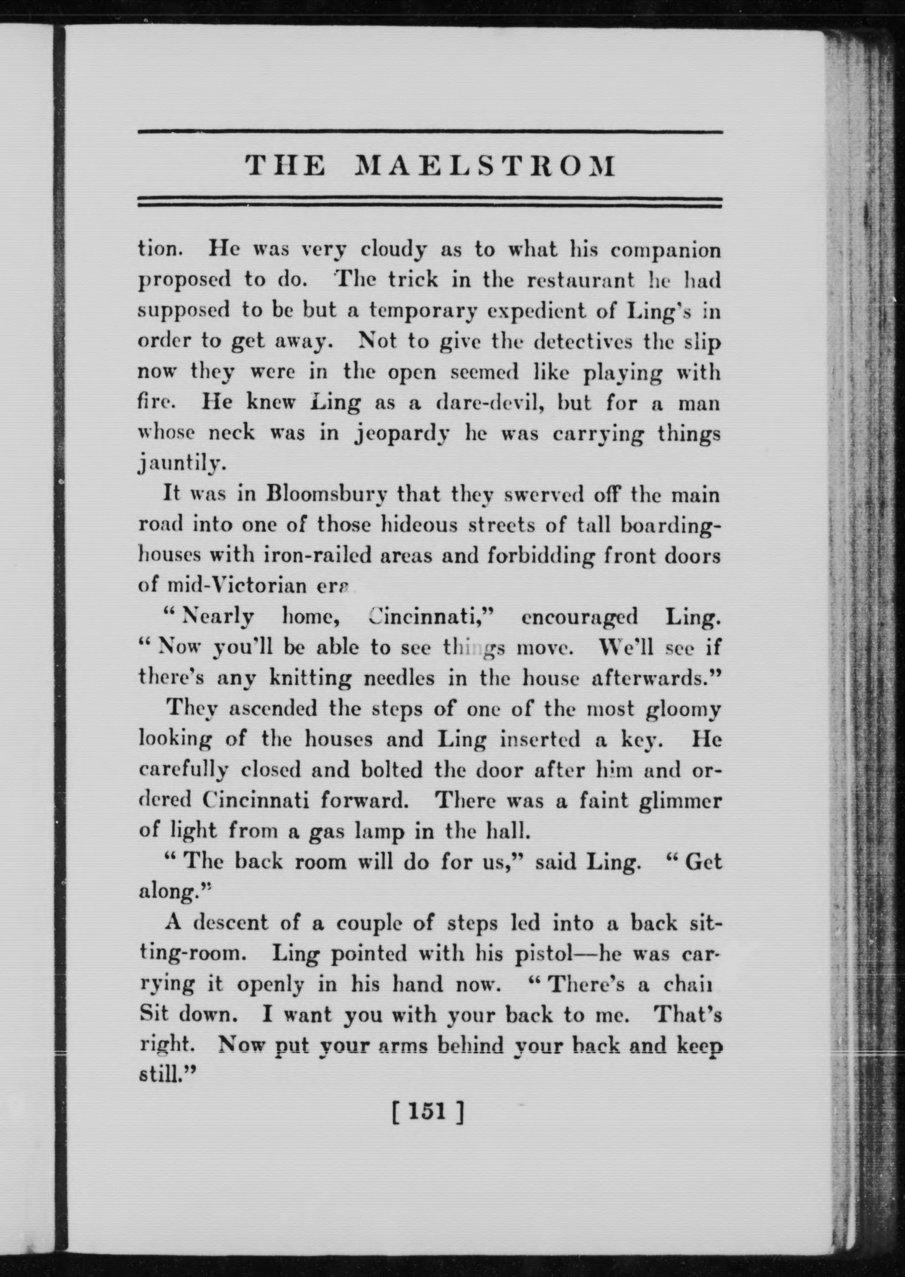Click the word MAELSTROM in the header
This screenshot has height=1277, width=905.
pos(485,166)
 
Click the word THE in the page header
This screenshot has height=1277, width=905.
pos(286,166)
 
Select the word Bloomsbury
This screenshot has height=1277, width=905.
pos(322,495)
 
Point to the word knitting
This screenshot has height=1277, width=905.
pos(310,678)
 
